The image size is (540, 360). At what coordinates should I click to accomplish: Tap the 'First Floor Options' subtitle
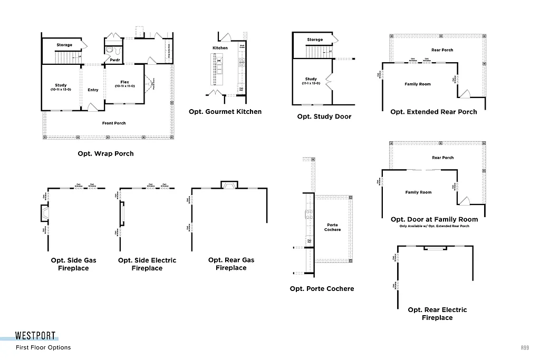43,347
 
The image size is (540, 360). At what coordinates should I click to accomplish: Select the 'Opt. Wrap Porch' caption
105,154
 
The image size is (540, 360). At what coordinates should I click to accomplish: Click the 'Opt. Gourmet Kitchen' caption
225,112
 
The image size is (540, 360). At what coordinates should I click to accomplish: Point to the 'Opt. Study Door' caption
324,116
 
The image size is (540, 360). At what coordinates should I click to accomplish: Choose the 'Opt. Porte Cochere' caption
322,288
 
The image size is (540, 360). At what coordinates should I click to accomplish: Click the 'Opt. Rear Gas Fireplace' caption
231,264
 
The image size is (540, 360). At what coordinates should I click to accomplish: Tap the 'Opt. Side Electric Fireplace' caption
147,264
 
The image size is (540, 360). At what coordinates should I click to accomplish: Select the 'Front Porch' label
114,123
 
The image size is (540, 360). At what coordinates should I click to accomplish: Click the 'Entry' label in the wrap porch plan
93,90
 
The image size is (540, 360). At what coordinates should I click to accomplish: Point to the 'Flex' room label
125,83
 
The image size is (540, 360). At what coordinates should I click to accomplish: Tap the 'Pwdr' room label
114,60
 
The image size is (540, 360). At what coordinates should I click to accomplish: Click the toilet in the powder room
110,50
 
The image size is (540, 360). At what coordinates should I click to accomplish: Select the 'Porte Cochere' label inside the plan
333,227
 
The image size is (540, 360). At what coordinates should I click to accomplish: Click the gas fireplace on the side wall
45,213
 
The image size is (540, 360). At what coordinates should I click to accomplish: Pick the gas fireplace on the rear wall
229,185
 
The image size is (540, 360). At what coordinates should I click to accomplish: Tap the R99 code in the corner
524,348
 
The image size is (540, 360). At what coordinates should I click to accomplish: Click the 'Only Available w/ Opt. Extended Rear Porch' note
434,226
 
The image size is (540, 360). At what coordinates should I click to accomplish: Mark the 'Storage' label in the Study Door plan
315,40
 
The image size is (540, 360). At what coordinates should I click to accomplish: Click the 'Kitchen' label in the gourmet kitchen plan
220,48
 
